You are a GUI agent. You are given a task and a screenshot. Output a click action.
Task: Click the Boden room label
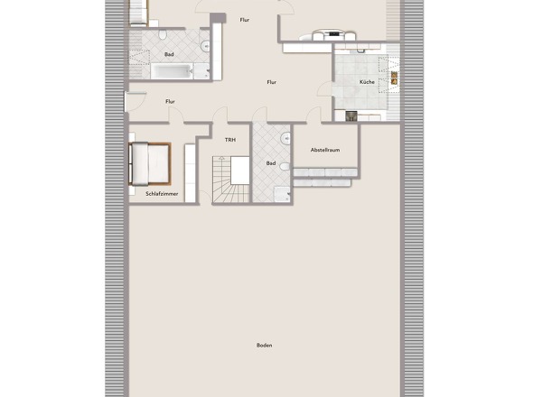[x=264, y=346]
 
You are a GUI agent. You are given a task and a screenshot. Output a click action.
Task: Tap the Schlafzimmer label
[x=162, y=194]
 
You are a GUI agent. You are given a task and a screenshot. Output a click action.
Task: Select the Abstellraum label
[x=325, y=150]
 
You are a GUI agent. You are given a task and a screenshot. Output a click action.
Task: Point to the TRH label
[x=230, y=140]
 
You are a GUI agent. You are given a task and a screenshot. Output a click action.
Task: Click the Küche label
[x=367, y=82]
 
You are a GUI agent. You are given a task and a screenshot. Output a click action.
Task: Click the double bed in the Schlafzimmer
[x=150, y=164]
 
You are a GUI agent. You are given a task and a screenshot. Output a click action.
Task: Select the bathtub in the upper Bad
[x=172, y=71]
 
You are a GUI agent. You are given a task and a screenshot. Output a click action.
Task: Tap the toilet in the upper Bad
[x=163, y=34]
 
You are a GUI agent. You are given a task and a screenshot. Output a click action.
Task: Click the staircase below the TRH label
[x=230, y=180]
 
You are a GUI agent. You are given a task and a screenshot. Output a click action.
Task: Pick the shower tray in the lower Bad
[x=282, y=194]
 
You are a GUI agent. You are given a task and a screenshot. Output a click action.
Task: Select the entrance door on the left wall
[x=135, y=102]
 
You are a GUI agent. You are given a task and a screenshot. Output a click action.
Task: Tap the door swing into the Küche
[x=324, y=89]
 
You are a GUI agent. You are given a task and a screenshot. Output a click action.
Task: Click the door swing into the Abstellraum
[x=313, y=115]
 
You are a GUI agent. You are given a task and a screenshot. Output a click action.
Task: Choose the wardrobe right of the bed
[x=190, y=173]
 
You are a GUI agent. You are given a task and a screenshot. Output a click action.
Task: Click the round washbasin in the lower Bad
[x=285, y=138]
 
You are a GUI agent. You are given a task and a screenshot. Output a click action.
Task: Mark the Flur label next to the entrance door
[x=171, y=102]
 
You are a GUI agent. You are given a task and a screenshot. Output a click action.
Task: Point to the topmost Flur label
[x=245, y=20]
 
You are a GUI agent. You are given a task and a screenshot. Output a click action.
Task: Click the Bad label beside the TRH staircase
[x=271, y=163]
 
